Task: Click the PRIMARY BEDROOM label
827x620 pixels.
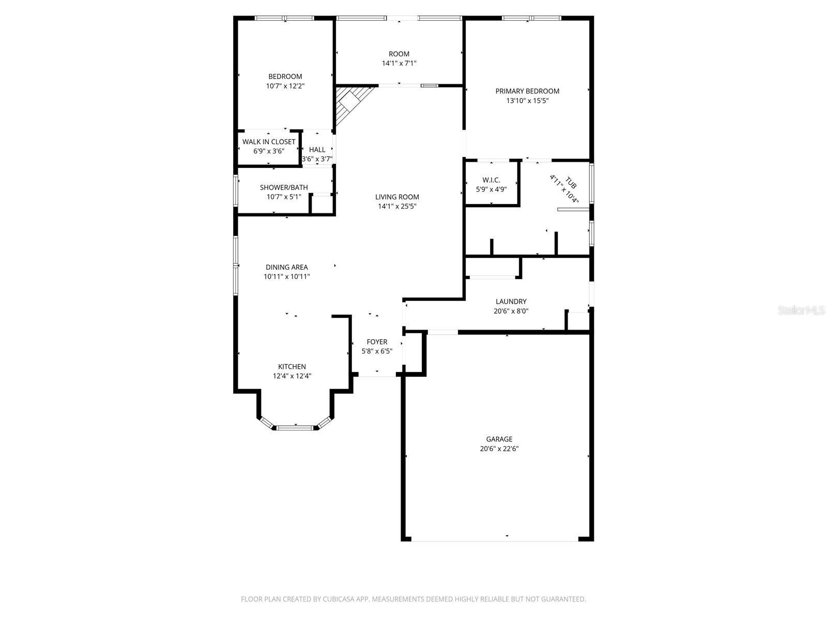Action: pos(527,91)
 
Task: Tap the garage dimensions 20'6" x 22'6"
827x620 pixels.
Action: pos(499,449)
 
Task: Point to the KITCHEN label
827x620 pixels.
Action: pos(292,367)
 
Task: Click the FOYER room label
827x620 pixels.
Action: pos(377,342)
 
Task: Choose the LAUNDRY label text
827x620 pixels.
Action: pos(511,302)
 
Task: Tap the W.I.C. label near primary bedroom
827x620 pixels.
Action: pos(491,180)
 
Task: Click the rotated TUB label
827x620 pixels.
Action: pos(571,182)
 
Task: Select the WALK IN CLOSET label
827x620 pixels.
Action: pos(269,142)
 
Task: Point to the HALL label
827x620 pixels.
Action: pos(317,150)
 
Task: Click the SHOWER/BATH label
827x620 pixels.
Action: pos(284,188)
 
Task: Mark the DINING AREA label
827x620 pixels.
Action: pos(287,267)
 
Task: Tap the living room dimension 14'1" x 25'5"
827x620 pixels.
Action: pos(397,206)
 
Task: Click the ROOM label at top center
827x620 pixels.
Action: pos(399,54)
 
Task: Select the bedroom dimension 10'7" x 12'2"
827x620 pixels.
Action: pos(285,86)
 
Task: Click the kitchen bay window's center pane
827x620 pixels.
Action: pos(295,428)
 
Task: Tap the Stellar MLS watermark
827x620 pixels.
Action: pos(801,311)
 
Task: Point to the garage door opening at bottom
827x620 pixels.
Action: pos(495,540)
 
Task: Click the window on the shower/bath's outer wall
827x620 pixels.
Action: pos(236,191)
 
